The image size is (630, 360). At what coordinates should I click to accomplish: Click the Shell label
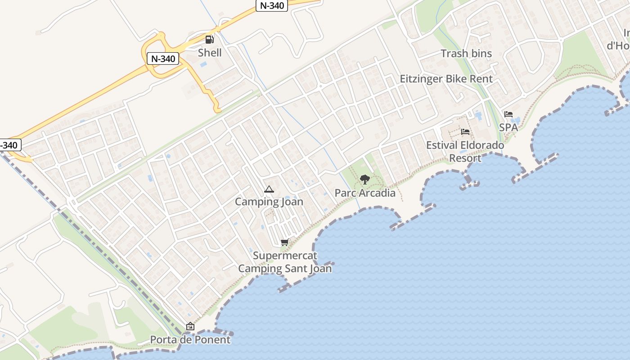(x=210, y=53)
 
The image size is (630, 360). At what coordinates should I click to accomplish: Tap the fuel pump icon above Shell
(x=209, y=40)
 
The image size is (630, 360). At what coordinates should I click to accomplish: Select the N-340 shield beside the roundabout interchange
(x=163, y=58)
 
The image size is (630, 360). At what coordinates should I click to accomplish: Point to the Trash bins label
(x=466, y=54)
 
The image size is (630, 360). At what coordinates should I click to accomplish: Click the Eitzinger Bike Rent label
(x=446, y=79)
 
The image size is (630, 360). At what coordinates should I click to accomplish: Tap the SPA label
(x=508, y=127)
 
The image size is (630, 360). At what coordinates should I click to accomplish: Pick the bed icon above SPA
(x=508, y=114)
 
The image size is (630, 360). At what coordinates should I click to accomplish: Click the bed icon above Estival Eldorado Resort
(x=465, y=132)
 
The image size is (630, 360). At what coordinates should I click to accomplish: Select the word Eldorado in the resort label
(x=482, y=145)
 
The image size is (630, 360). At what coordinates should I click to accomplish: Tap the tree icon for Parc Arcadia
(x=365, y=180)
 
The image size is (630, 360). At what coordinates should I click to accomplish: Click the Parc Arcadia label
(x=365, y=193)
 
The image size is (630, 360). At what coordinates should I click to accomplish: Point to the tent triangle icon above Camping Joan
(x=269, y=189)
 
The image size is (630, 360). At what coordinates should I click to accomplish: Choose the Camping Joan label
(x=269, y=202)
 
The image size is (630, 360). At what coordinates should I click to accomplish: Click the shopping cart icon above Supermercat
(x=284, y=243)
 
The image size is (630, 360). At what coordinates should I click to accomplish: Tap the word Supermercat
(x=285, y=256)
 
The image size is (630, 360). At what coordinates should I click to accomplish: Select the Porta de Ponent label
(x=190, y=339)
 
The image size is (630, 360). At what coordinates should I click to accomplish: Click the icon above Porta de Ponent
(x=190, y=326)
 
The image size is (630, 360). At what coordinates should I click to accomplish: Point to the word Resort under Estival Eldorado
(x=465, y=158)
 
